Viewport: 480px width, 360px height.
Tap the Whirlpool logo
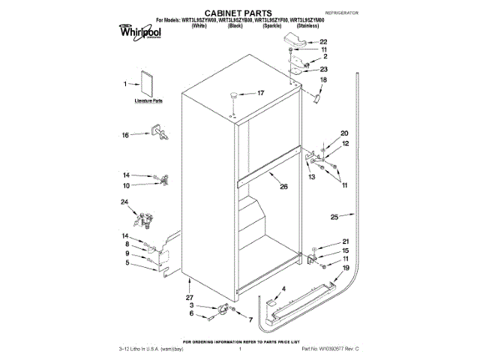click(138, 30)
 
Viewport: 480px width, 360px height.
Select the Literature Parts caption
click(148, 99)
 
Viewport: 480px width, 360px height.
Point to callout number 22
click(323, 42)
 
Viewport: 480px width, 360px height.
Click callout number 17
click(261, 94)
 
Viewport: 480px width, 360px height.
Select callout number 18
click(324, 79)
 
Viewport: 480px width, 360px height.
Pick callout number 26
click(283, 187)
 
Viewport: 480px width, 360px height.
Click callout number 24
click(124, 202)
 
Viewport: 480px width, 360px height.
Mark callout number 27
click(189, 298)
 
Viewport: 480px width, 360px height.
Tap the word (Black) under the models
click(235, 25)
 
